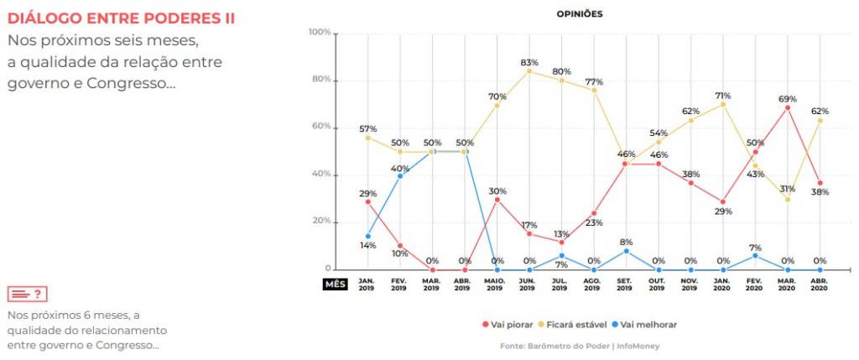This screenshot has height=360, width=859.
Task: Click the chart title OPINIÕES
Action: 580,13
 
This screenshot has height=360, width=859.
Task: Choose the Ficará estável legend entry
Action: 582,325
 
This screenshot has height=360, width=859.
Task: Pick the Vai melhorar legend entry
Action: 648,325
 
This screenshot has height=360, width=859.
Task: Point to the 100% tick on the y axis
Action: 320,32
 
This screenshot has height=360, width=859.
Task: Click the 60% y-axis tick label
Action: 321,128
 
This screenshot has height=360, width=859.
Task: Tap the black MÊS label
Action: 335,284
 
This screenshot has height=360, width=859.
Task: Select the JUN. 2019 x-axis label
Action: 528,284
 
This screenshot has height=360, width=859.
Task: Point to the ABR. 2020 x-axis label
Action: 820,284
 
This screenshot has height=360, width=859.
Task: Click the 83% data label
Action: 529,63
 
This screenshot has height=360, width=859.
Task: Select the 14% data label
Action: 367,245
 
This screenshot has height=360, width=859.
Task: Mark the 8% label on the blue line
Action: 626,241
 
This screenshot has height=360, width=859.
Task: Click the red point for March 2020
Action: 788,107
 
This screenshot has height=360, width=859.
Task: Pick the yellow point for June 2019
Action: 529,71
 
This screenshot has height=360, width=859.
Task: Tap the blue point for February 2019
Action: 400,175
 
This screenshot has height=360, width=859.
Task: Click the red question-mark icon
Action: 27,294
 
